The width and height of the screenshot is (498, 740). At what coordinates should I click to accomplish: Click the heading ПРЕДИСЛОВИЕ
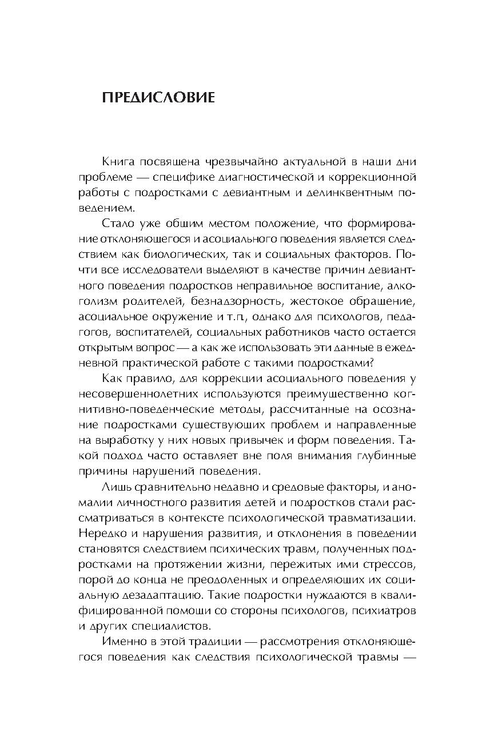158,98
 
